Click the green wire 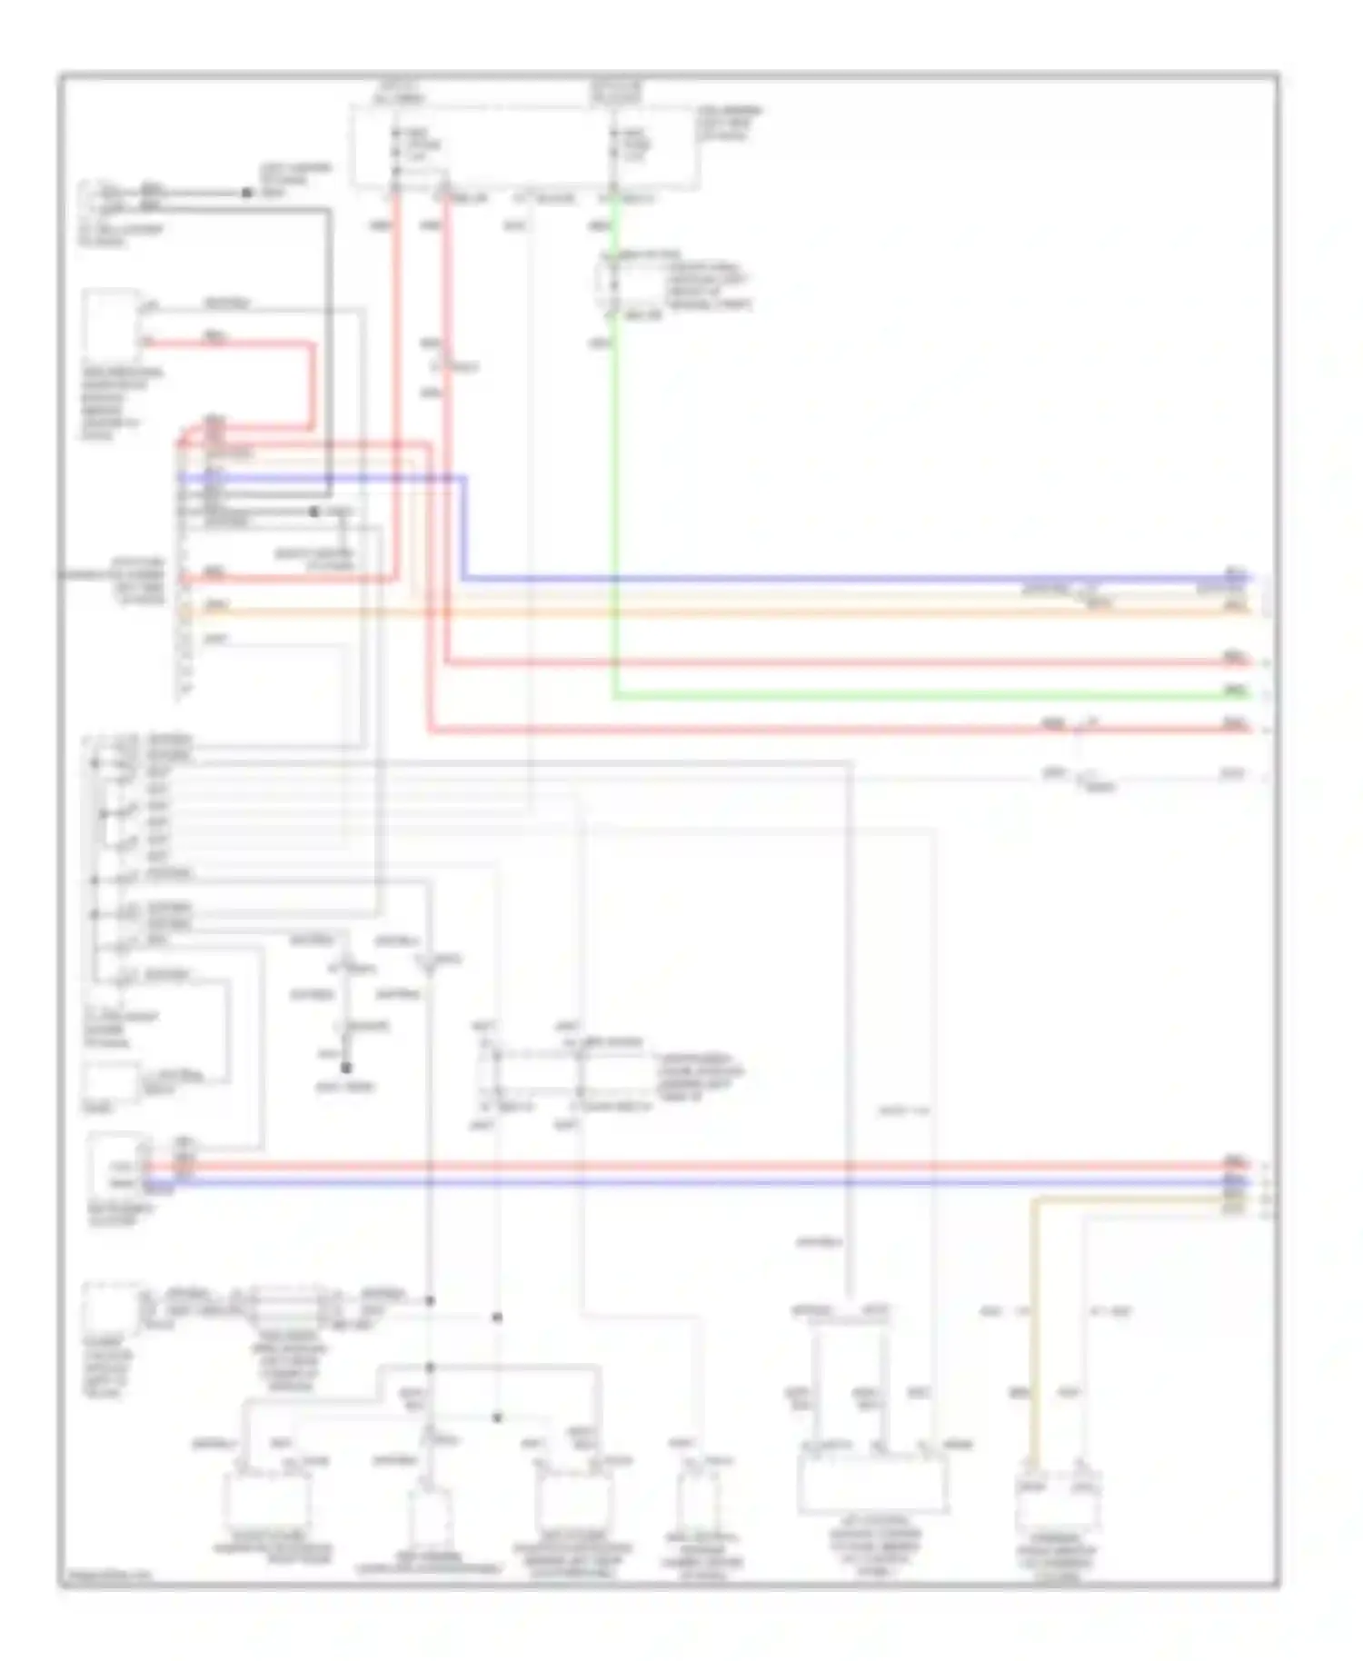(909, 696)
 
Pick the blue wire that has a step (818, 578)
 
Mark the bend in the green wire (616, 696)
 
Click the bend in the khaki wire (1032, 1201)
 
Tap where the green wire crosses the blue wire (616, 578)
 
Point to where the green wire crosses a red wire (616, 662)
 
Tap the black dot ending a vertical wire (345, 1068)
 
